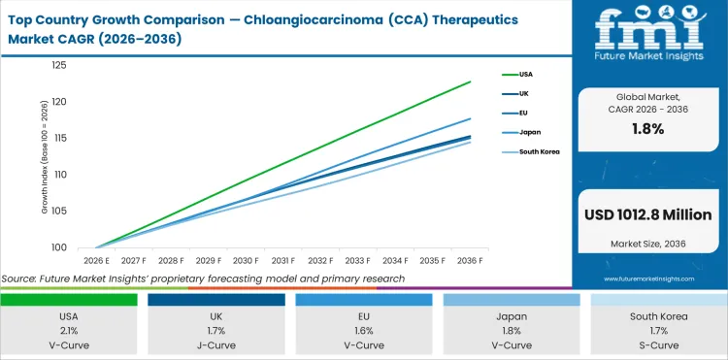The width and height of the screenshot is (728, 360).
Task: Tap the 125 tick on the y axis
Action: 59,65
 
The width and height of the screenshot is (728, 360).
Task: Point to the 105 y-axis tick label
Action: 59,211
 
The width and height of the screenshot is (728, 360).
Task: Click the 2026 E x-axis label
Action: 95,260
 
